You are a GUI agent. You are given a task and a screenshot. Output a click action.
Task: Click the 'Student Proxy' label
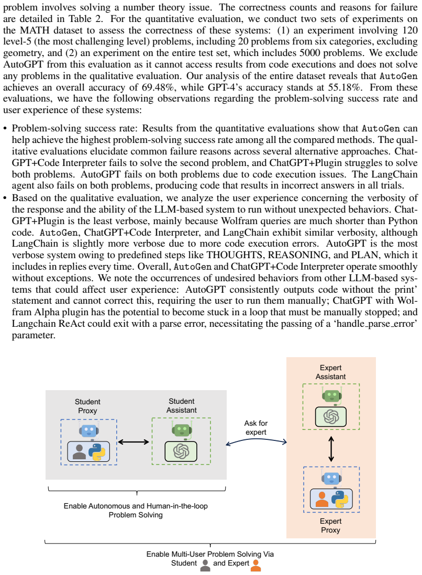point(87,406)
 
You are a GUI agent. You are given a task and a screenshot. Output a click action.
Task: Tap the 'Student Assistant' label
point(182,405)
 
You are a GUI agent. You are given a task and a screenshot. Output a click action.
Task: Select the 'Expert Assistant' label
point(331,372)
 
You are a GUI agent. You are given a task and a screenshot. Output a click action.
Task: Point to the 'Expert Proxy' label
point(331,525)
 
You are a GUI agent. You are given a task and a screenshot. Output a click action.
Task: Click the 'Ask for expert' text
point(256,427)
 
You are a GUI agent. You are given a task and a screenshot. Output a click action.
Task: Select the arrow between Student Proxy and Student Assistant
point(134,442)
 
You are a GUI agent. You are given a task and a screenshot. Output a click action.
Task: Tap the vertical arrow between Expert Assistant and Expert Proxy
point(331,448)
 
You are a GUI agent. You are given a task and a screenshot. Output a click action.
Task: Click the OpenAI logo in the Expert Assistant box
point(331,416)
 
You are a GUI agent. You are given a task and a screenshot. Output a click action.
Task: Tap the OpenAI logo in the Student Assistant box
point(181,451)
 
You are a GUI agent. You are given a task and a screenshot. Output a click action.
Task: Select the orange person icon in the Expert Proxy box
point(322,499)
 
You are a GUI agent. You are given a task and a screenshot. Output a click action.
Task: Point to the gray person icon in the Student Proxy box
point(79,452)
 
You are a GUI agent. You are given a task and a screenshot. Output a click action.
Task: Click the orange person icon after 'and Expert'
point(256,565)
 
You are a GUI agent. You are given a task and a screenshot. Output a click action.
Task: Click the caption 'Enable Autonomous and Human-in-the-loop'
point(136,506)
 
